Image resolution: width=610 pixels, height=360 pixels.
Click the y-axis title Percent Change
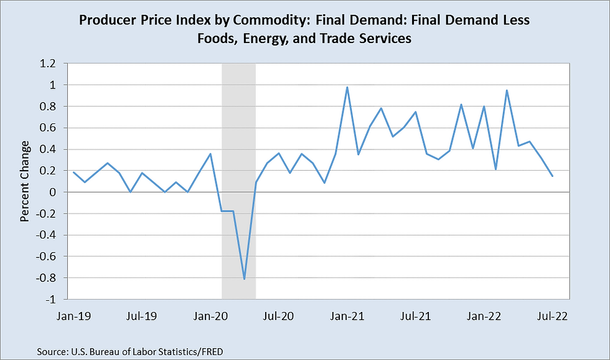(x=25, y=182)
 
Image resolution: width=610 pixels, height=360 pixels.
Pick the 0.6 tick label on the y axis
(x=49, y=128)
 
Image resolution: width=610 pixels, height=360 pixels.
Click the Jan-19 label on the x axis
(x=74, y=315)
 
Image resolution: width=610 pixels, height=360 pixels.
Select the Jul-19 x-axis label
(x=142, y=315)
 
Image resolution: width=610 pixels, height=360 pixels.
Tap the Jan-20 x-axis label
(x=210, y=315)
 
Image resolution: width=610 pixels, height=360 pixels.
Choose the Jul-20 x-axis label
(x=278, y=315)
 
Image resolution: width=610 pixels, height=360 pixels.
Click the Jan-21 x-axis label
(x=347, y=315)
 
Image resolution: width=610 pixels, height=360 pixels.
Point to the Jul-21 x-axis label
(x=415, y=315)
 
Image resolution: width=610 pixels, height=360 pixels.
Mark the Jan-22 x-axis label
(x=483, y=315)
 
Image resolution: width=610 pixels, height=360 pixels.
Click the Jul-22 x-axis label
(x=551, y=315)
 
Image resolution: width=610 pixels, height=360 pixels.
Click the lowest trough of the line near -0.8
(x=245, y=278)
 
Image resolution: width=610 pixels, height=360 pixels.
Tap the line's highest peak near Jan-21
(x=347, y=87)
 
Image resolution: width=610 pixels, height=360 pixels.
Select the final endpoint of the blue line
(x=551, y=176)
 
